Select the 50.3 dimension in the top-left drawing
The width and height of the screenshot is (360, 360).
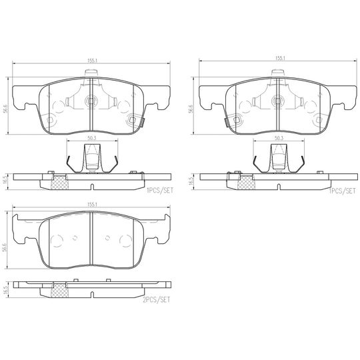(91, 139)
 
